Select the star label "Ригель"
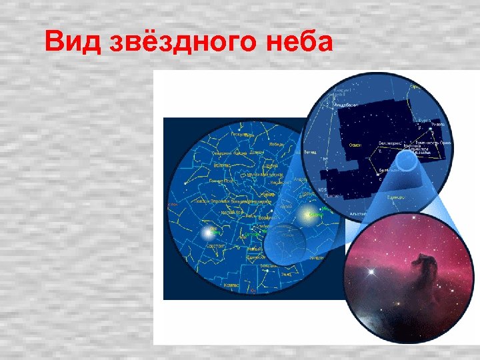click(x=438, y=124)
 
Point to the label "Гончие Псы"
click(x=221, y=180)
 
